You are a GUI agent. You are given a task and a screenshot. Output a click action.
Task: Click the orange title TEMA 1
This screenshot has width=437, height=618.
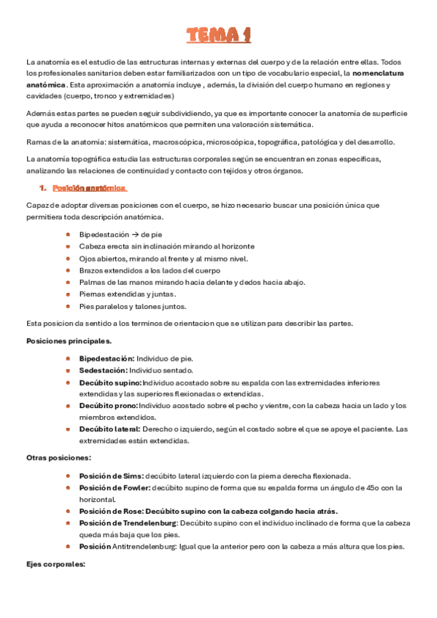(x=218, y=35)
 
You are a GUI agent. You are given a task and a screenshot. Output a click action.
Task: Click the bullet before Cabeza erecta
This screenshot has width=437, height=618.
(x=67, y=247)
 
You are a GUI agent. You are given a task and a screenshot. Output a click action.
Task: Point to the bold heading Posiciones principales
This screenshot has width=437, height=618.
(x=69, y=340)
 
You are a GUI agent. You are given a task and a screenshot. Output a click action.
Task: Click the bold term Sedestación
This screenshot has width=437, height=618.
(x=102, y=370)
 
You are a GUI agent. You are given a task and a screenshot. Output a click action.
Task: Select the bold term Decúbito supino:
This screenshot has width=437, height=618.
(x=110, y=382)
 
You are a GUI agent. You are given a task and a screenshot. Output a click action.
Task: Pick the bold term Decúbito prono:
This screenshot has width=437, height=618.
(x=108, y=405)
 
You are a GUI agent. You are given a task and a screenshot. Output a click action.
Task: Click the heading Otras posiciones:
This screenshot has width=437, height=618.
(x=58, y=458)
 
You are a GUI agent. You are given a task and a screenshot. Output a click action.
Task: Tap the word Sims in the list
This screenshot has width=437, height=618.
(x=130, y=476)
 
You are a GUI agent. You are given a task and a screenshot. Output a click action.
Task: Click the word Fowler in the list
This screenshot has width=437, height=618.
(x=134, y=488)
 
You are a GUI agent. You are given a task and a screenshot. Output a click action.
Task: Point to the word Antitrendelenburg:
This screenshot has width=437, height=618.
(x=142, y=547)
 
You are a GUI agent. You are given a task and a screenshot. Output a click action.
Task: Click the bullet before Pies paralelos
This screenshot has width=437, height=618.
(x=67, y=306)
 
